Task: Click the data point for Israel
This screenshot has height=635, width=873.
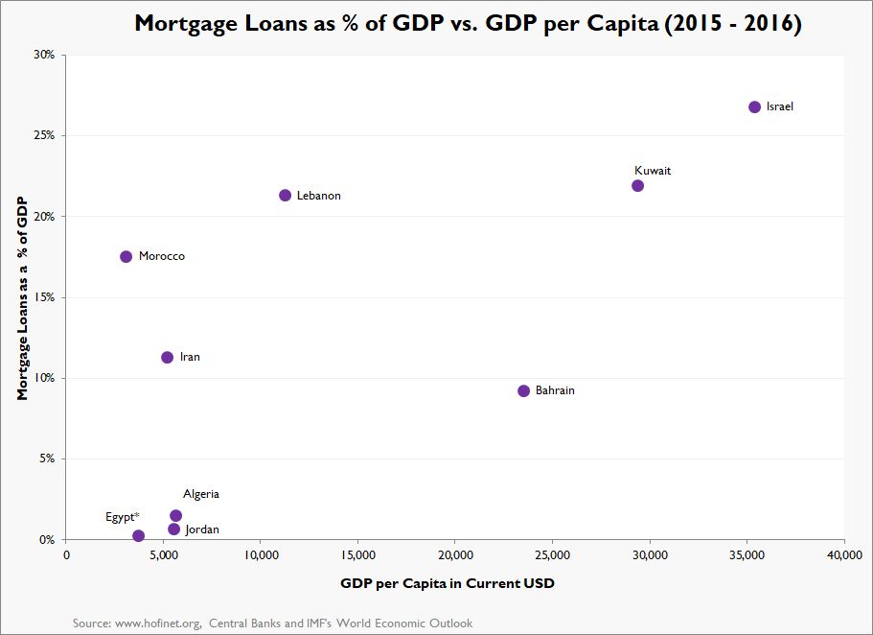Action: [x=754, y=107]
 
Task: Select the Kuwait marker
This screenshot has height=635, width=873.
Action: [x=637, y=186]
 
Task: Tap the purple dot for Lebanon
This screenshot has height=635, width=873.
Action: [x=285, y=196]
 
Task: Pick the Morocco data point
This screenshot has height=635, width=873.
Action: [x=126, y=257]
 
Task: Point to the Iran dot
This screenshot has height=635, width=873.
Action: [x=167, y=358]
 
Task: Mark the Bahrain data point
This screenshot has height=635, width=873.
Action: [x=523, y=391]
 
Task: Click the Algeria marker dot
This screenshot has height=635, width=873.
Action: [x=175, y=516]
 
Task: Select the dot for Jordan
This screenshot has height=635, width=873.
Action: [x=173, y=529]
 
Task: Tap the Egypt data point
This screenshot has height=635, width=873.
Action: [x=138, y=536]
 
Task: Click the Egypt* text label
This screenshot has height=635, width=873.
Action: [x=123, y=518]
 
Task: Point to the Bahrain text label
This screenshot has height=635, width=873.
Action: [x=555, y=391]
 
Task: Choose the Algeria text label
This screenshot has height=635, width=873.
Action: [x=201, y=495]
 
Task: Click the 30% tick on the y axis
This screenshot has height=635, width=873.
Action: [x=43, y=55]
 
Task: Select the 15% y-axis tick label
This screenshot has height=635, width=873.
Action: [x=43, y=297]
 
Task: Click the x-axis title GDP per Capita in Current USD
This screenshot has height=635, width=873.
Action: [x=448, y=583]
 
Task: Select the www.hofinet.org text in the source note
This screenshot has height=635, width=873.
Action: [x=154, y=623]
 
